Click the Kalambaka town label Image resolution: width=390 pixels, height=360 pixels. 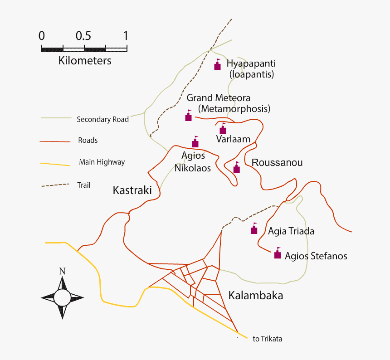(256, 296)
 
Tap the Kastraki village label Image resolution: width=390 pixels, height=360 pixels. (132, 190)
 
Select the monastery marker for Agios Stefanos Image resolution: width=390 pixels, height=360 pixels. (278, 254)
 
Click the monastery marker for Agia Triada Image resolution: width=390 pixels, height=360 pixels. (254, 229)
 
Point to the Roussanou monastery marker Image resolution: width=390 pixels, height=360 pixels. (236, 168)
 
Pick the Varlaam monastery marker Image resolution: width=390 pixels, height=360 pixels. (223, 130)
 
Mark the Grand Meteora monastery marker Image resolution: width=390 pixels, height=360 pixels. (189, 117)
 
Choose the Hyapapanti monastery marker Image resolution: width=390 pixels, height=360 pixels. (217, 66)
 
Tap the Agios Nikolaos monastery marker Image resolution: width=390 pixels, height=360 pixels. (195, 143)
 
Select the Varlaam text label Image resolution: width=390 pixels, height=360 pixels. (233, 139)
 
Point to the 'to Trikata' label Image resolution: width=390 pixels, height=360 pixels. (268, 339)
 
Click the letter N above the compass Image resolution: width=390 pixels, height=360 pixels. (62, 272)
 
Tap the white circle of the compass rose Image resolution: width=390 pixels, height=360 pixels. (63, 298)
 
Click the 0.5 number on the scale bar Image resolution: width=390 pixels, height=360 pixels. (84, 36)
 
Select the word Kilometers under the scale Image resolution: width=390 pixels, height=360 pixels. (85, 60)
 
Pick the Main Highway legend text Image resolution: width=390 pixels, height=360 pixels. (102, 162)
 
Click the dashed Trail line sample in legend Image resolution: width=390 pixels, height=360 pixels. (55, 185)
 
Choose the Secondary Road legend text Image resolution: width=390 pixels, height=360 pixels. (102, 120)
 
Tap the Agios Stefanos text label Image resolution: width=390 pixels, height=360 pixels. (316, 256)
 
